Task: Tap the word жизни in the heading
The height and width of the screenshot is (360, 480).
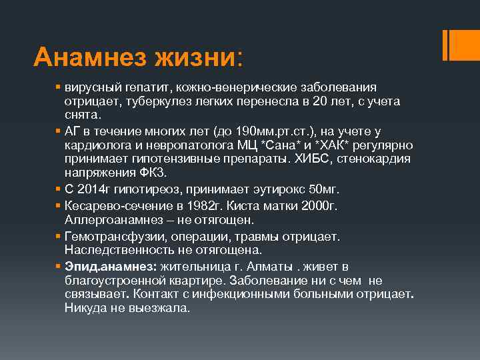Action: coord(197,57)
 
